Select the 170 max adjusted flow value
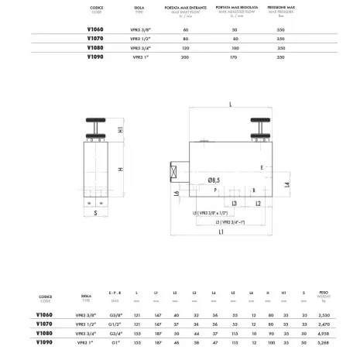click(x=235, y=57)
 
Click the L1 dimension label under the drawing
click(x=221, y=231)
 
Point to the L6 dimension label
click(x=177, y=193)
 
